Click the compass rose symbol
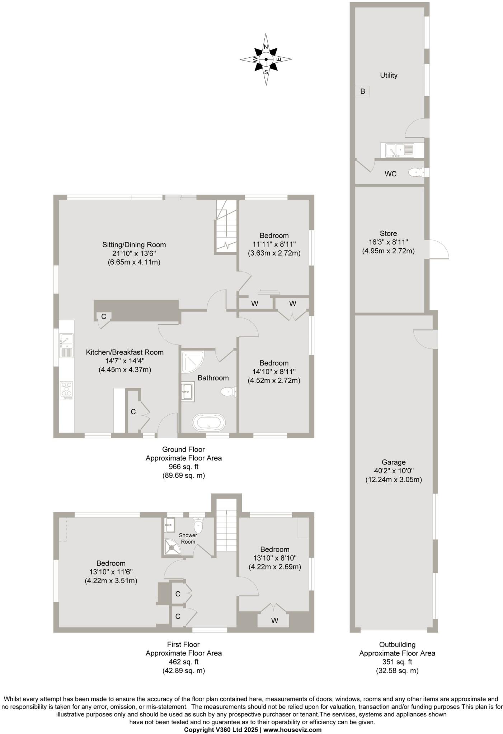click(x=266, y=59)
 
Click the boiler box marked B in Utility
click(x=362, y=91)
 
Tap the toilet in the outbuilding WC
click(x=415, y=173)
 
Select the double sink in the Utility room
click(x=399, y=150)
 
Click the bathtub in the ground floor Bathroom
click(x=209, y=423)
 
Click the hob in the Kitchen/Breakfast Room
click(x=67, y=390)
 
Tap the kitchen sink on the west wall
click(x=66, y=345)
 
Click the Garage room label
click(x=393, y=462)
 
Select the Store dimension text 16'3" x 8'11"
click(x=388, y=242)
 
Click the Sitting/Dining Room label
click(x=134, y=245)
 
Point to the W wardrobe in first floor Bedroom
click(x=274, y=620)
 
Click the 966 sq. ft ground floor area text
click(x=183, y=467)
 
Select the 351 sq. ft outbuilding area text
click(x=397, y=662)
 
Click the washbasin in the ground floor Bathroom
click(x=187, y=392)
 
